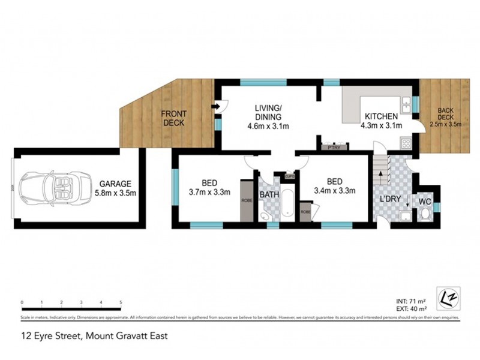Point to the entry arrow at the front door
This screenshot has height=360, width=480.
215,107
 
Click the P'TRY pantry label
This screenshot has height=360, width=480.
330,146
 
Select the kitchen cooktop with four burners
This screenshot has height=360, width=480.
406,143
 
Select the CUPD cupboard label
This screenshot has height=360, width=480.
289,176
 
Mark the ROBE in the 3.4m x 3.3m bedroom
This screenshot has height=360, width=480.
305,212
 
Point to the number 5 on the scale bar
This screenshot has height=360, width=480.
121,301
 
